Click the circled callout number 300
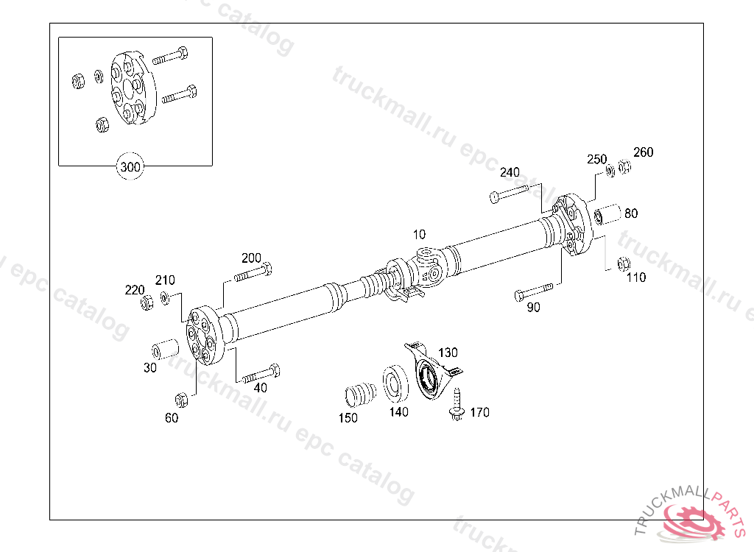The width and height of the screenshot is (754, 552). pyautogui.click(x=130, y=167)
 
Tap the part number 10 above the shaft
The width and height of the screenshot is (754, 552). pyautogui.click(x=419, y=235)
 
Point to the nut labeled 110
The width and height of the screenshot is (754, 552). pyautogui.click(x=622, y=263)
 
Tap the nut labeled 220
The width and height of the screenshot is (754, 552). pyautogui.click(x=147, y=301)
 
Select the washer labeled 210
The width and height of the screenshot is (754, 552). pyautogui.click(x=164, y=297)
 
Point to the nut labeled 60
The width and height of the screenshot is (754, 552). pyautogui.click(x=181, y=400)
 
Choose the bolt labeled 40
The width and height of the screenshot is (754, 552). pyautogui.click(x=260, y=372)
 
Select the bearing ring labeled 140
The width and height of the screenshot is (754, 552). pyautogui.click(x=395, y=383)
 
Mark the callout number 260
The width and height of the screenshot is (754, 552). pyautogui.click(x=643, y=152)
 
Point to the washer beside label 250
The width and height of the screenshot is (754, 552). pyautogui.click(x=610, y=171)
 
